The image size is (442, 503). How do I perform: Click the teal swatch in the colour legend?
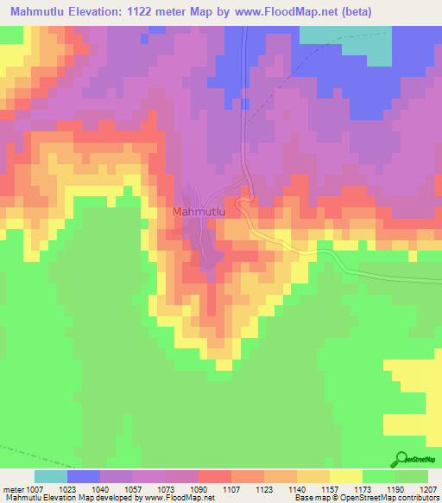pos(51,476)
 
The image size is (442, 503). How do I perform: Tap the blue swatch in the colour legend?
pos(84,476)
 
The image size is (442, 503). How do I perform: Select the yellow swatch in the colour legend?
pos(346,476)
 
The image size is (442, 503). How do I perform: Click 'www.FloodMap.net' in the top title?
pos(325,13)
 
